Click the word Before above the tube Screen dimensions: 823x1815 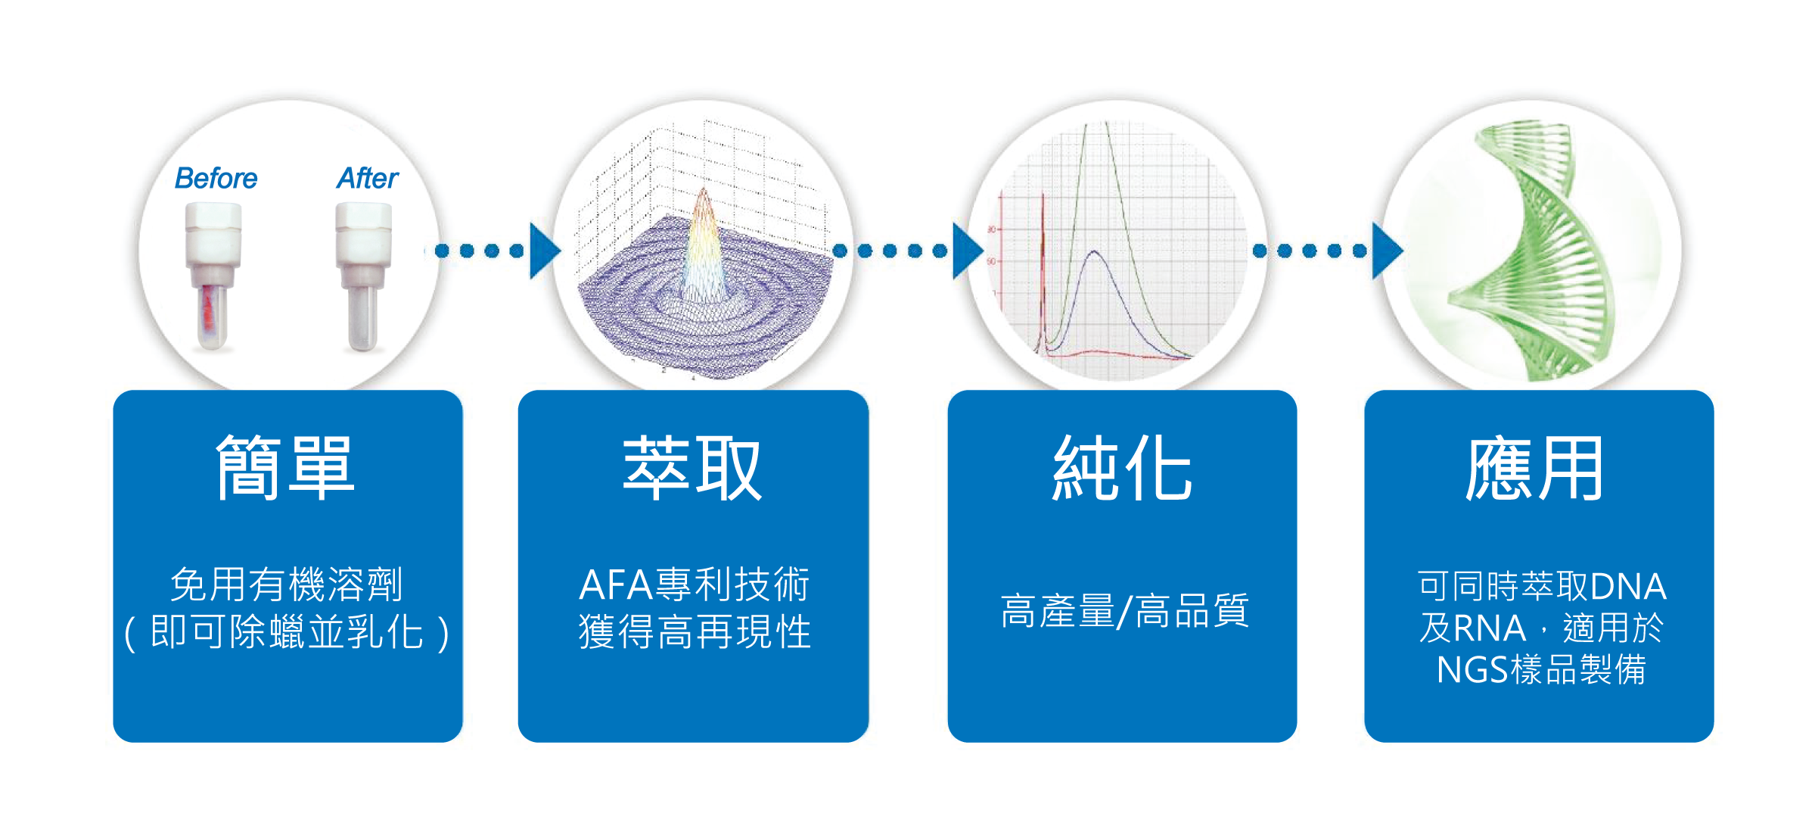[x=216, y=179]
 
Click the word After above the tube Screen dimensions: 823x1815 [x=367, y=179]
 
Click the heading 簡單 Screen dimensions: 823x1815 [x=285, y=468]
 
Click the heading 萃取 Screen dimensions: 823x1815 [x=692, y=468]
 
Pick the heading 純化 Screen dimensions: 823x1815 [x=1122, y=468]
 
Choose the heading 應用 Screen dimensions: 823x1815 [x=1535, y=468]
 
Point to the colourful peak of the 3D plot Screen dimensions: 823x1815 [x=704, y=227]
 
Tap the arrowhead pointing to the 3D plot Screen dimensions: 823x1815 [x=544, y=251]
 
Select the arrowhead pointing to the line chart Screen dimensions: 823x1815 [x=966, y=251]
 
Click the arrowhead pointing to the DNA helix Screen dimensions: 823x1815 [x=1386, y=251]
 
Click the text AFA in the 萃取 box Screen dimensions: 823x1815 [x=616, y=585]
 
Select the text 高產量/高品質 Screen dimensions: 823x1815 [x=1123, y=611]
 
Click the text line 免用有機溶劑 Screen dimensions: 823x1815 [x=287, y=585]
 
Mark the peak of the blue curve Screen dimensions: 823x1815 [x=1094, y=252]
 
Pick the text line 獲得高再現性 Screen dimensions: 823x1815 [x=695, y=631]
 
